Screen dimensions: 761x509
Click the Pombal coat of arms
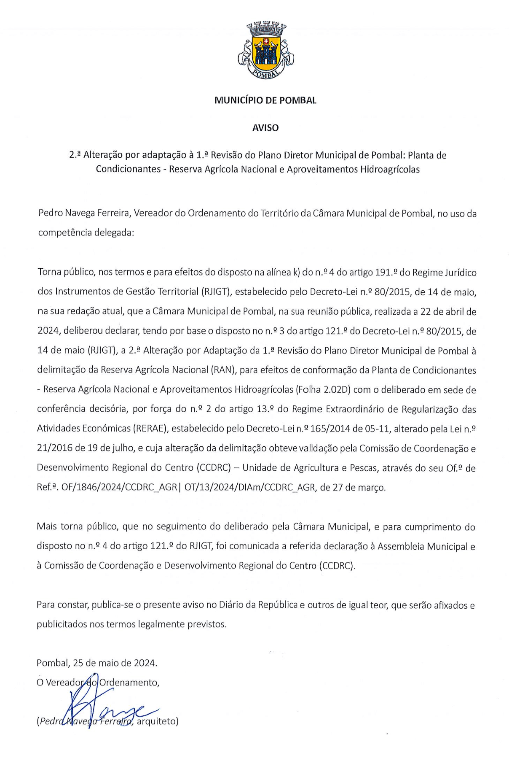(265, 50)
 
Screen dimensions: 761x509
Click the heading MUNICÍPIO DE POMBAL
(265, 100)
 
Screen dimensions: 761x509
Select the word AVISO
(265, 128)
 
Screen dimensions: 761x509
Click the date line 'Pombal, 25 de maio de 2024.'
(97, 663)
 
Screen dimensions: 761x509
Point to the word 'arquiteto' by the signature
(158, 721)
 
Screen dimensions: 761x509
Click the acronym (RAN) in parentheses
(223, 370)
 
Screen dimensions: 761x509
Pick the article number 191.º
(386, 273)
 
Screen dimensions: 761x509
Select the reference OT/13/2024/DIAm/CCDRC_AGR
(249, 487)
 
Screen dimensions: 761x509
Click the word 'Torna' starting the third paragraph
(49, 272)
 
